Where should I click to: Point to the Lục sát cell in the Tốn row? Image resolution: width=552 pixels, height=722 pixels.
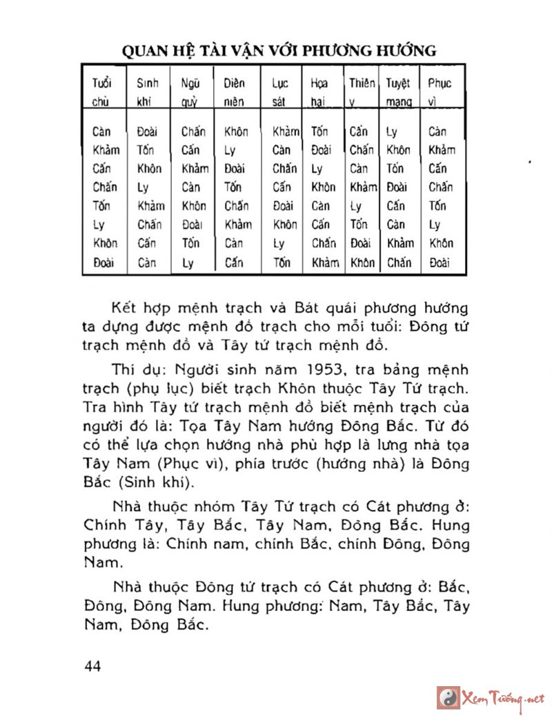tap(283, 206)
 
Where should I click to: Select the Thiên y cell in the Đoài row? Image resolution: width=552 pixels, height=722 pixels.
tap(362, 262)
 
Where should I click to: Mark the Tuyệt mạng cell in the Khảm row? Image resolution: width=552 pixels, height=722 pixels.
tap(398, 150)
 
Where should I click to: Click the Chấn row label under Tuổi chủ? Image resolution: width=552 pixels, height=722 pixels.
tap(104, 187)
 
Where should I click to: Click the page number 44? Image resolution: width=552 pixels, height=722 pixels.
tap(92, 666)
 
